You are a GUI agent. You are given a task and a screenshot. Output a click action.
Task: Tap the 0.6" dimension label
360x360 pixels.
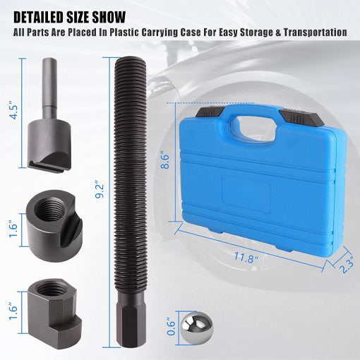click(171, 327)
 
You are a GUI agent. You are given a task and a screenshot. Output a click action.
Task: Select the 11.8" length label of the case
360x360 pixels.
click(246, 257)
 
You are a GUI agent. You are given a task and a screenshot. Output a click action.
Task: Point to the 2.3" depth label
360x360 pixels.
click(346, 264)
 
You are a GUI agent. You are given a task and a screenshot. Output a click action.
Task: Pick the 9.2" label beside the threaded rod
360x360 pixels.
click(100, 189)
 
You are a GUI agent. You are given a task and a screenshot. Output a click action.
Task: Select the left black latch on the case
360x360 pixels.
click(210, 112)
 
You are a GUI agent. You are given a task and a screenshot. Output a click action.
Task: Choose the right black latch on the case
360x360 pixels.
click(301, 117)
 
